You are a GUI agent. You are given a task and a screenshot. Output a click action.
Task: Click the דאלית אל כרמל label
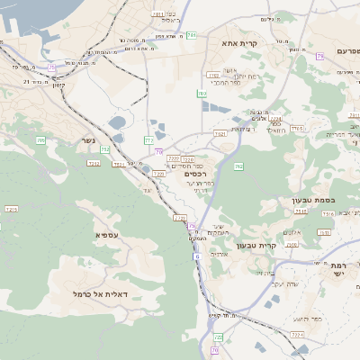100,294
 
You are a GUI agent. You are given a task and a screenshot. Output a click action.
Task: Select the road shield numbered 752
106,149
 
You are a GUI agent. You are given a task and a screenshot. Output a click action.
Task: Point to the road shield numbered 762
238,166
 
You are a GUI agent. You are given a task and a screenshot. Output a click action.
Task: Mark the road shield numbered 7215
12,209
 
